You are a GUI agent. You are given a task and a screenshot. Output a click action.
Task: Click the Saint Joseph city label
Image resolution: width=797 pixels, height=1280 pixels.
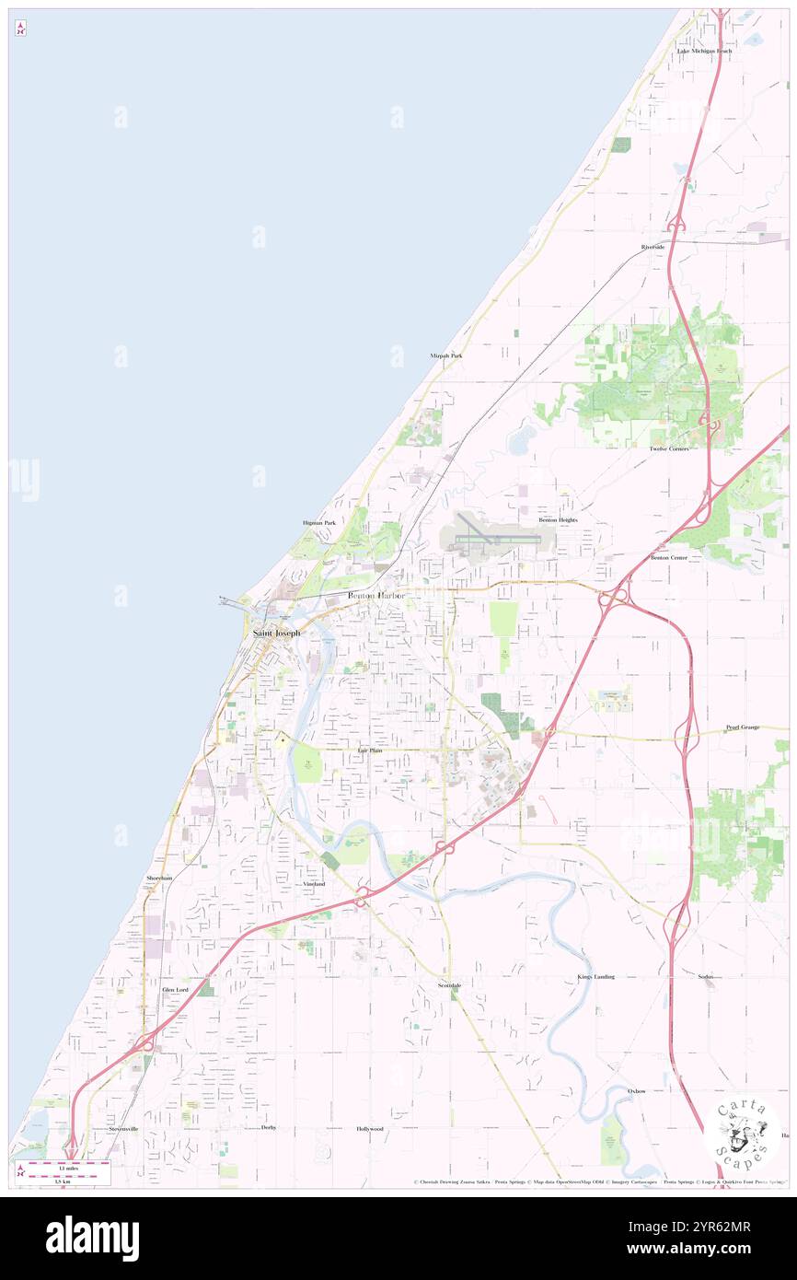(x=276, y=634)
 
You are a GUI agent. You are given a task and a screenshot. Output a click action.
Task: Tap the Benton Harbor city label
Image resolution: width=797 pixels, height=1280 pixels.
(x=376, y=597)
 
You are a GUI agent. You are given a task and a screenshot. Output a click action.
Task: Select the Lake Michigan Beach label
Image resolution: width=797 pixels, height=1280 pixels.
(x=704, y=51)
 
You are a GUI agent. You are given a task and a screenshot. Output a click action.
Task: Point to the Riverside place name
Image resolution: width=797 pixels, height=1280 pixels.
(x=653, y=248)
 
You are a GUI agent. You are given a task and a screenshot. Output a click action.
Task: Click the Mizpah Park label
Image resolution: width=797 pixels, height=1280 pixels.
(x=446, y=355)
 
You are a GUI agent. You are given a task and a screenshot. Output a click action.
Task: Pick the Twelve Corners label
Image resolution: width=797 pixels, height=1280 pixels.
(x=669, y=448)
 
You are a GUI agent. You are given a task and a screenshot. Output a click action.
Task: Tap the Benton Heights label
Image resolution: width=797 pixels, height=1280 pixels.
(x=558, y=520)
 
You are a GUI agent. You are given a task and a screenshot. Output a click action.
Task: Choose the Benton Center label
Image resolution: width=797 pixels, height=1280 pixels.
(x=669, y=557)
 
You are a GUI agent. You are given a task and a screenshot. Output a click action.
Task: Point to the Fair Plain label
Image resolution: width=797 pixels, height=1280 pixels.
(x=370, y=751)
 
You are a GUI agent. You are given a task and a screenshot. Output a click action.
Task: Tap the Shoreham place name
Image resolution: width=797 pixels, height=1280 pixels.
(x=159, y=879)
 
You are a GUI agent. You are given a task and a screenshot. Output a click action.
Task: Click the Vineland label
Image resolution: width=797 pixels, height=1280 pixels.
(x=315, y=884)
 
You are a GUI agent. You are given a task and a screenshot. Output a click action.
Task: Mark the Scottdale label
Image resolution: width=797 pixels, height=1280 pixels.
(x=449, y=985)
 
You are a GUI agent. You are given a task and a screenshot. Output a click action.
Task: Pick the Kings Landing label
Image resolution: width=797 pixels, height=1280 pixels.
(x=595, y=976)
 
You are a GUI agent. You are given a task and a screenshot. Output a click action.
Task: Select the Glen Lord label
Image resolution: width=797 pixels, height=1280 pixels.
(x=175, y=990)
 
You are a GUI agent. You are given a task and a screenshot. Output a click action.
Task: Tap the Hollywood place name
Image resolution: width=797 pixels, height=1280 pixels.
(x=370, y=1128)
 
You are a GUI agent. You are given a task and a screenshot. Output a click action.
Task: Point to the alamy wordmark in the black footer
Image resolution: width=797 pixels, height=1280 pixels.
(x=92, y=1239)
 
